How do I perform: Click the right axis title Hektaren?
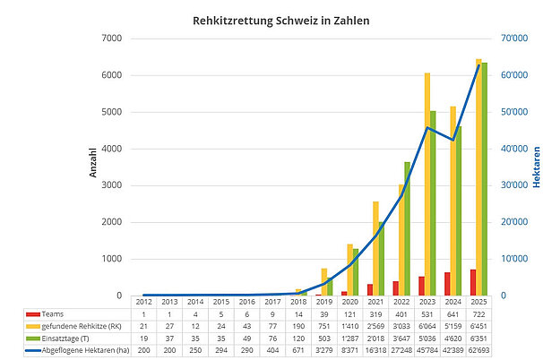536,167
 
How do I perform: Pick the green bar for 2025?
485,179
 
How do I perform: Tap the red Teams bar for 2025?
472,282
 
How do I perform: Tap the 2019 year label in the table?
324,303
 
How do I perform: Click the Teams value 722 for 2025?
478,314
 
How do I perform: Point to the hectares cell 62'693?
478,349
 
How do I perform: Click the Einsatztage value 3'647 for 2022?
401,338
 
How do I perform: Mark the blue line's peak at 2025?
478,65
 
